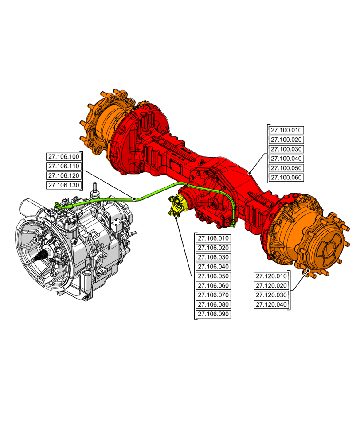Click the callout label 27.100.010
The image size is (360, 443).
pos(286,130)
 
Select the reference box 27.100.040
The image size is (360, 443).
pos(286,159)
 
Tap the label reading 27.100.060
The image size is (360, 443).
pos(286,178)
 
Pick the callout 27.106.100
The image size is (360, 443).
pos(63,156)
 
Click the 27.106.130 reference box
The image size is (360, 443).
pos(63,185)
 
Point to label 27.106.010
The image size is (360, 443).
pos(213,238)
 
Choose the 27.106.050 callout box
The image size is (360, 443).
pos(213,276)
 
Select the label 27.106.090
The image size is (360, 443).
pos(213,314)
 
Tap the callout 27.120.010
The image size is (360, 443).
pos(271,276)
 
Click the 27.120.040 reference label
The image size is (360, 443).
pos(271,305)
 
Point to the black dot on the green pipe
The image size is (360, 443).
pos(134,199)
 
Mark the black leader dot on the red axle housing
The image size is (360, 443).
pos(250,173)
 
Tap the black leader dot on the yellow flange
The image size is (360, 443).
pos(176,217)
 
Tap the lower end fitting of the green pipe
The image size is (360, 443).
pos(233,218)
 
